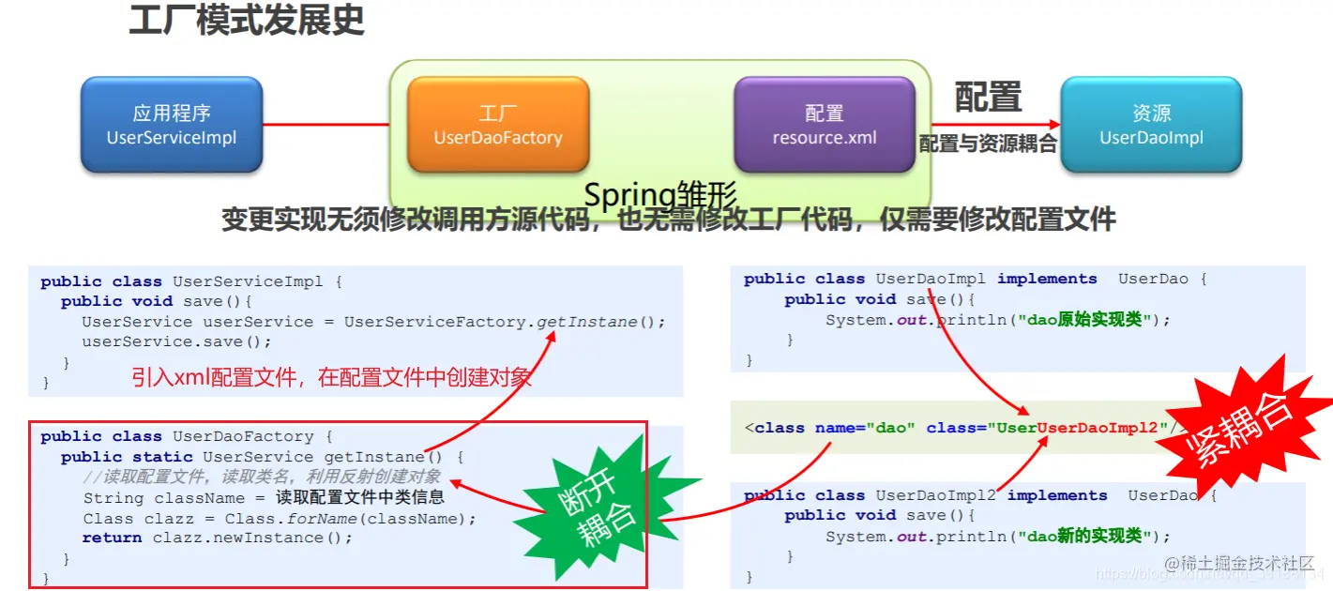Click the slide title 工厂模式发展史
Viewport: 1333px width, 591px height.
coord(246,21)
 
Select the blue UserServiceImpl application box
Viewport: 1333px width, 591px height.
coord(171,125)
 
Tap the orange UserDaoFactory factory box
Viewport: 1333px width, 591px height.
coord(497,125)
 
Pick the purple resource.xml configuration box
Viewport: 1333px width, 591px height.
coord(824,125)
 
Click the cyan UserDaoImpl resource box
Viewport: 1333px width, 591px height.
coord(1151,125)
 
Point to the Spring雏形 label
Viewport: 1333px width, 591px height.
coord(660,195)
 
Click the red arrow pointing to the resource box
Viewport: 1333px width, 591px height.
coord(994,124)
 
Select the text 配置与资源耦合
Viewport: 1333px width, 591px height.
coord(988,144)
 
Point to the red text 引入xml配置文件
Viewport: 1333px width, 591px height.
coord(331,377)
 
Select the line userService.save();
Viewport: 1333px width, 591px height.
coord(176,341)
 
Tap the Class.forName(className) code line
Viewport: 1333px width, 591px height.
coord(280,519)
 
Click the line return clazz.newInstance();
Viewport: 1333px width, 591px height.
coord(217,538)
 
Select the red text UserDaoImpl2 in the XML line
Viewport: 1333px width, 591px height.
coord(1098,428)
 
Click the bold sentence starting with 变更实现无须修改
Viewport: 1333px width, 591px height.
coord(668,220)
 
